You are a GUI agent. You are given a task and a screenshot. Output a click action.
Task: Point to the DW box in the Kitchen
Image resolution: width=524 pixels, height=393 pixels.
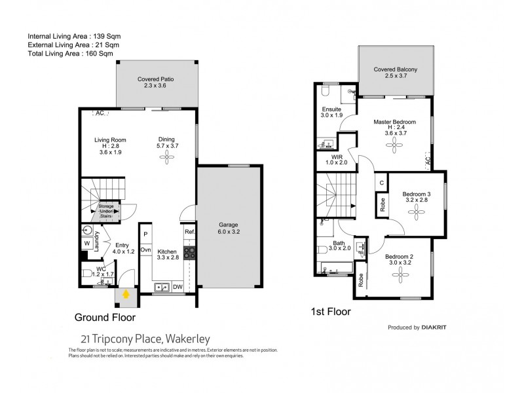(179, 286)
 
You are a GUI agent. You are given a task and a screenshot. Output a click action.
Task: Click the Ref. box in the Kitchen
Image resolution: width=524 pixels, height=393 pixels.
(189, 233)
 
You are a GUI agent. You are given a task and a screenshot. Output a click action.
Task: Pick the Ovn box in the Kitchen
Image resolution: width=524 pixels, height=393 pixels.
(146, 250)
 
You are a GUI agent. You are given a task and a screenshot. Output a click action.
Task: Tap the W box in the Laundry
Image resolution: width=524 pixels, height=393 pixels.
(86, 244)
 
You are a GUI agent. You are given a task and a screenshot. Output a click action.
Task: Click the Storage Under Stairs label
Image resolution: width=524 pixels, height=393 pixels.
(106, 211)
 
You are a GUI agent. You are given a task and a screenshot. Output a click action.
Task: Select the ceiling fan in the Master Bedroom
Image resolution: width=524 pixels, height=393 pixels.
(398, 148)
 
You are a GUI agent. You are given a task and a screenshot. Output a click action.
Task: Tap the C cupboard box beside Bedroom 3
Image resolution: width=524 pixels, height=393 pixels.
(381, 183)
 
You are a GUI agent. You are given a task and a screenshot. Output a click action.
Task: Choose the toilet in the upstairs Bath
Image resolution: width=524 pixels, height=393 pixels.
(323, 250)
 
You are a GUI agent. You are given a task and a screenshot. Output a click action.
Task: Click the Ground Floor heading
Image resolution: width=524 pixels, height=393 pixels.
(105, 318)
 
